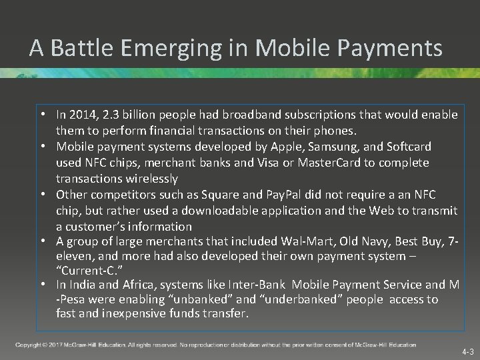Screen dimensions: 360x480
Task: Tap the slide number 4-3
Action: [x=467, y=351]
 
